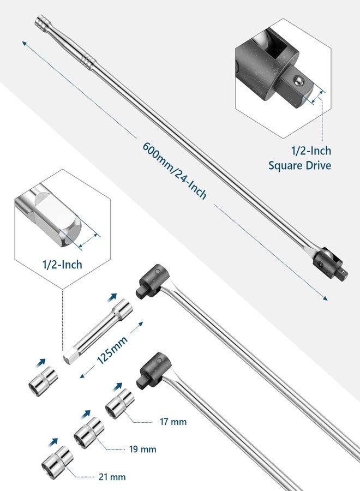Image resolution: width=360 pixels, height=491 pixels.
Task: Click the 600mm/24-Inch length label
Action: [x=175, y=171]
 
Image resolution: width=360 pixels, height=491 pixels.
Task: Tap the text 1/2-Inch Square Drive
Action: [x=299, y=158]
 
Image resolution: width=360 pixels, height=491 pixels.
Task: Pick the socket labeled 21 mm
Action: [x=57, y=461]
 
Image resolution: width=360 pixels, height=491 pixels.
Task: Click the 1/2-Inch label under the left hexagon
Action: [x=62, y=265]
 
